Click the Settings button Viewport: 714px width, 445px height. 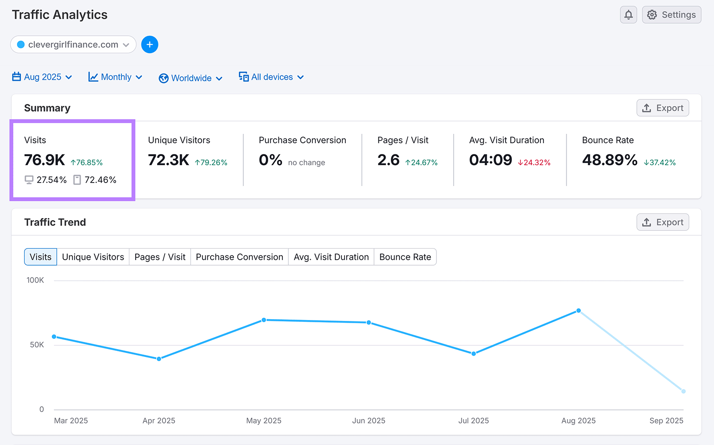[x=671, y=15]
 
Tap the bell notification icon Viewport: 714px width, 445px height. [x=628, y=15]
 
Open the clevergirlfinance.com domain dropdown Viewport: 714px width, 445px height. [x=73, y=45]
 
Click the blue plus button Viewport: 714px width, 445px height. [x=149, y=45]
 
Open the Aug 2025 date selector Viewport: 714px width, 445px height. [x=42, y=77]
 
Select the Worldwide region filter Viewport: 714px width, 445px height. [x=191, y=78]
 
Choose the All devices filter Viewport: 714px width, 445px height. [x=271, y=77]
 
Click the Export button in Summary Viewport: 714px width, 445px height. [x=662, y=108]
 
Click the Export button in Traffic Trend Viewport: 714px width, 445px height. [x=662, y=222]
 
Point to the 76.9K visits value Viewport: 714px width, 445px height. [x=45, y=160]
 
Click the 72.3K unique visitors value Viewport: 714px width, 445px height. [x=169, y=160]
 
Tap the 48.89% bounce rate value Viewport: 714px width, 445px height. [x=610, y=160]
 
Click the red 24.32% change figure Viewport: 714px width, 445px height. [x=535, y=162]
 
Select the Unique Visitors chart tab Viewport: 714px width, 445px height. [x=93, y=257]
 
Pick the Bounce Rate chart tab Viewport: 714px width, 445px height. [x=405, y=257]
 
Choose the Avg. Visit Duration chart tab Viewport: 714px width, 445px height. [x=331, y=257]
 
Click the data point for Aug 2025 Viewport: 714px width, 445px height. [x=578, y=311]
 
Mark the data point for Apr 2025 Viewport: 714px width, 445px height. [x=159, y=359]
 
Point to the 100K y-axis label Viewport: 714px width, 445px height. [x=35, y=280]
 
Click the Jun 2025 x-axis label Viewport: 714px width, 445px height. [x=369, y=420]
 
